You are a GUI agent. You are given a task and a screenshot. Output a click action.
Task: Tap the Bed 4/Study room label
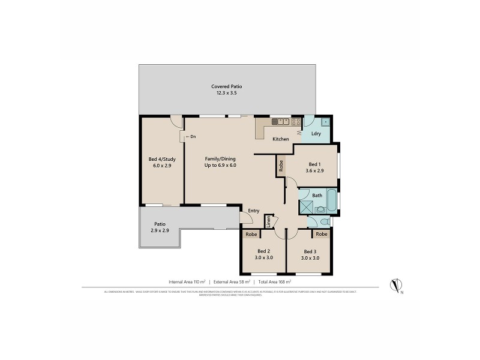tap(160, 159)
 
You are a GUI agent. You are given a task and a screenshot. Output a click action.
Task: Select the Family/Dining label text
tap(220, 158)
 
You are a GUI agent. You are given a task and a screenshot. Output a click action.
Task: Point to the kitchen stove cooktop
tap(296, 121)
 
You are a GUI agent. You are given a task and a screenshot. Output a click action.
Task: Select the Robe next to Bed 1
tap(281, 164)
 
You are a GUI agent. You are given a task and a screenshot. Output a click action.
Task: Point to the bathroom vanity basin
tap(321, 209)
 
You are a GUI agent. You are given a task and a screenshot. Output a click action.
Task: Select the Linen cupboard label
tap(269, 222)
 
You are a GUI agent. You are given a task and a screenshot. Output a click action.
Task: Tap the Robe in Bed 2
tap(251, 234)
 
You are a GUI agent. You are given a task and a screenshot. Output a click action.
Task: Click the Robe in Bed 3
tap(322, 234)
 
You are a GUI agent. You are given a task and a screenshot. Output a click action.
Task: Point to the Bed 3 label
tap(310, 251)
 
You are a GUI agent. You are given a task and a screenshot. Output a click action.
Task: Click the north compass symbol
tap(395, 284)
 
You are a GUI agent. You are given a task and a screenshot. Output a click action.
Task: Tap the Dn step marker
tap(191, 137)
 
